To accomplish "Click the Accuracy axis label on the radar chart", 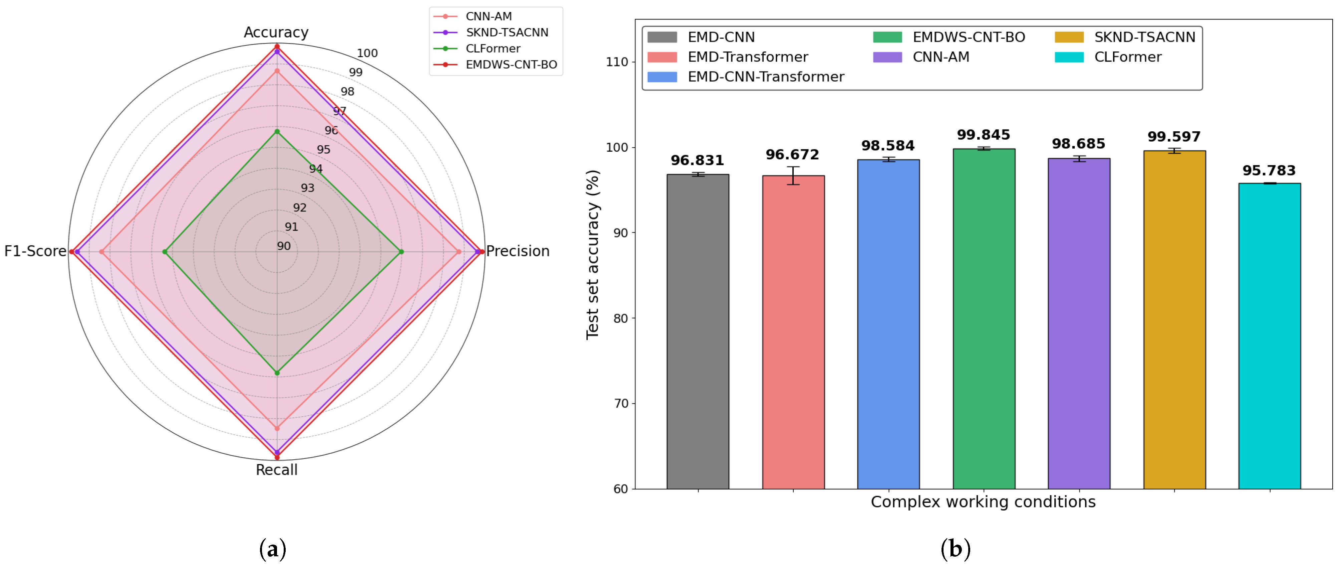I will pyautogui.click(x=276, y=32).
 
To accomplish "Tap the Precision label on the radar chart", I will pyautogui.click(x=518, y=251).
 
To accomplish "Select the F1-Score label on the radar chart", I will pyautogui.click(x=35, y=251).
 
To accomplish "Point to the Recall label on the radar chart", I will pyautogui.click(x=277, y=470).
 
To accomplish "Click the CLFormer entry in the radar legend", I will pyautogui.click(x=492, y=48).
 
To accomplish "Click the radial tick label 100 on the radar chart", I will pyautogui.click(x=367, y=53).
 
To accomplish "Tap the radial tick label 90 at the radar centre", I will pyautogui.click(x=284, y=246).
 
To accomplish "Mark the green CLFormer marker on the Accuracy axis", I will pyautogui.click(x=277, y=132).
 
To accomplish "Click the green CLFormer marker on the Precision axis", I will pyautogui.click(x=401, y=252).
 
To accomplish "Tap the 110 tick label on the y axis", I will pyautogui.click(x=617, y=62).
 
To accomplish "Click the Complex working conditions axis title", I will pyautogui.click(x=983, y=502).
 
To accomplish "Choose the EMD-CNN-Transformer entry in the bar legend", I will pyautogui.click(x=765, y=77).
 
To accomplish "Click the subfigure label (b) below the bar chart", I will pyautogui.click(x=956, y=549).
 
